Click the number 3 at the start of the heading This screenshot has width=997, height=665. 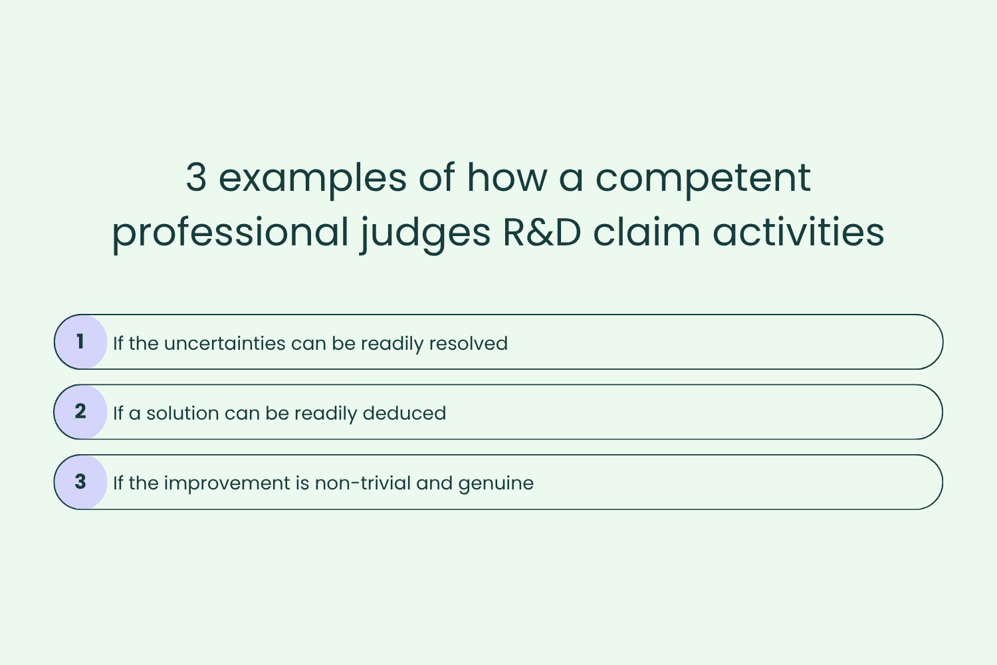[x=196, y=178]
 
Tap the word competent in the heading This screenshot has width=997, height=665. [x=703, y=178]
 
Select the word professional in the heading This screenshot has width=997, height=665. [x=230, y=233]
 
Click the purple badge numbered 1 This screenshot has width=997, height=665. [x=80, y=342]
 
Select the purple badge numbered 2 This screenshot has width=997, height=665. [x=80, y=412]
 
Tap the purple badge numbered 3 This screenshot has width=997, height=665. [x=80, y=481]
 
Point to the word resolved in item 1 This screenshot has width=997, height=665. [x=468, y=343]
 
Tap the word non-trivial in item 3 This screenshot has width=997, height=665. [x=362, y=483]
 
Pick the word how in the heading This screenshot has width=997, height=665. [x=507, y=178]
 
